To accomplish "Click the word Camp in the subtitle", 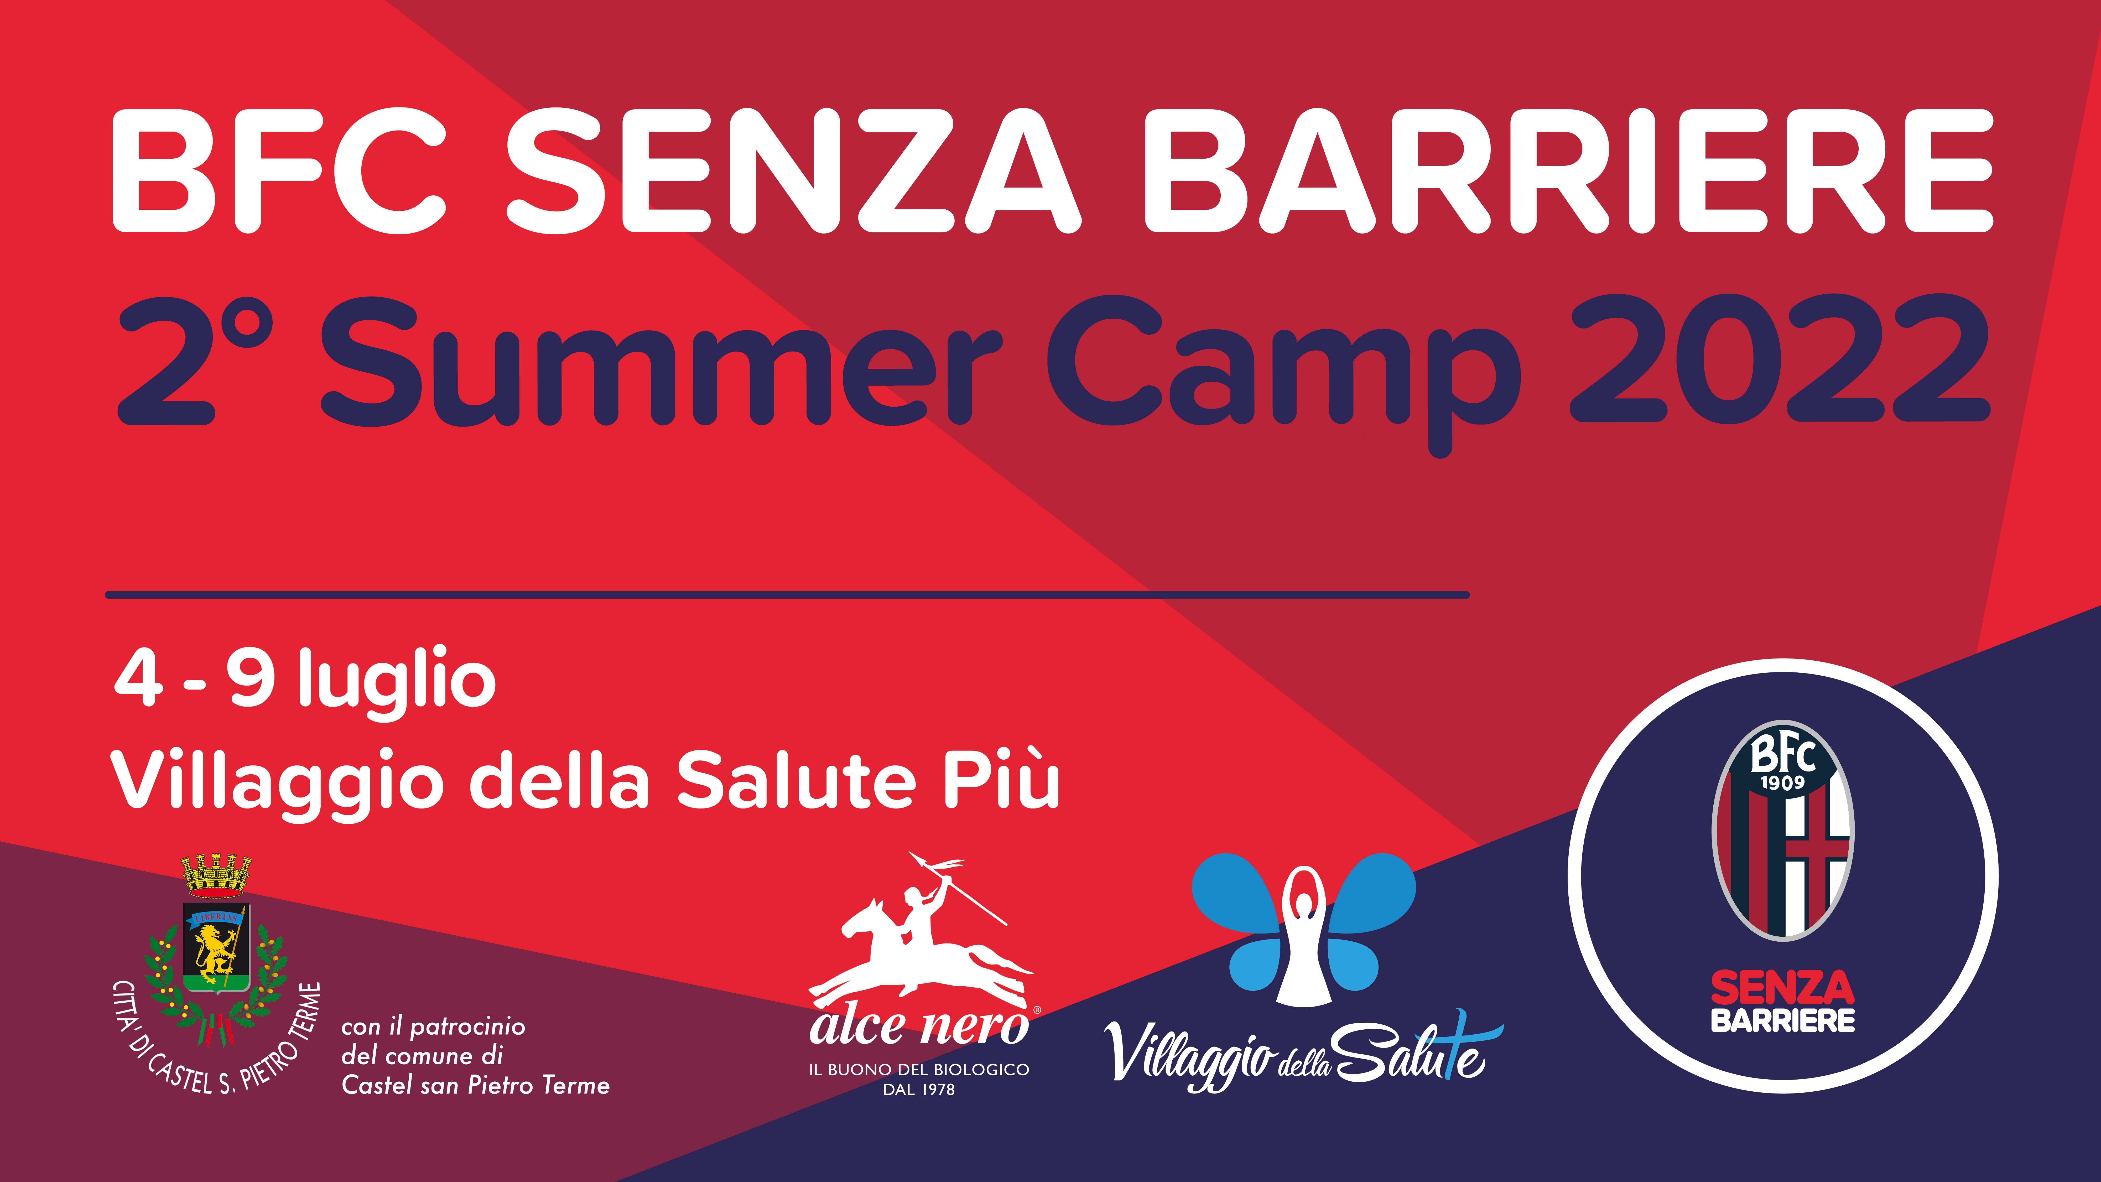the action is [1284, 375].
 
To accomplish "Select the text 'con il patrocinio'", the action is [433, 1027].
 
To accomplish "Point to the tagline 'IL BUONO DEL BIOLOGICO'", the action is [919, 1069].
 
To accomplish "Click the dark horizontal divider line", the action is [787, 595].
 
